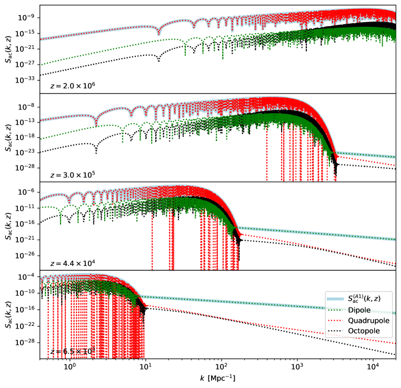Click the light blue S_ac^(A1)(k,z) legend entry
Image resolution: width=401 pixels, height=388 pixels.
click(x=363, y=299)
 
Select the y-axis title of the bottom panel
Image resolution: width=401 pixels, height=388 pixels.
click(x=7, y=313)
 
